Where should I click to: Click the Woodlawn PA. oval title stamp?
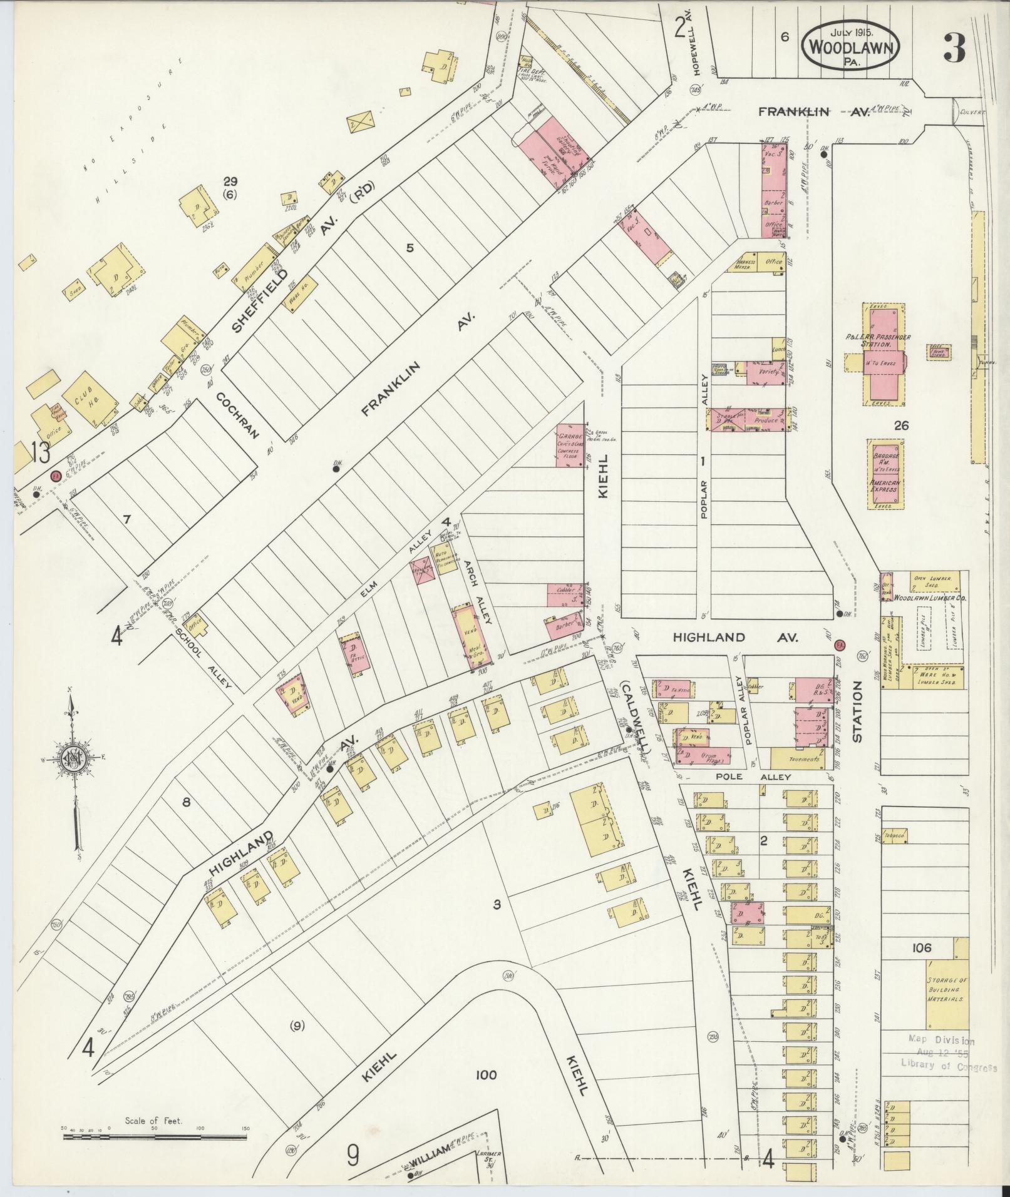point(850,46)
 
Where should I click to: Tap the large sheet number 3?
point(954,47)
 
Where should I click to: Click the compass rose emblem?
point(73,759)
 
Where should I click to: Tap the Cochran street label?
point(238,415)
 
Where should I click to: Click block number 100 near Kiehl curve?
point(485,1075)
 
